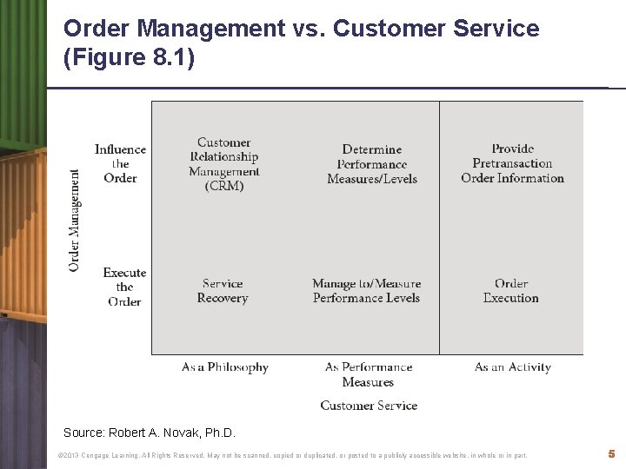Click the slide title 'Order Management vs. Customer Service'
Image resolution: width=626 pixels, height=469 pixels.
click(x=301, y=29)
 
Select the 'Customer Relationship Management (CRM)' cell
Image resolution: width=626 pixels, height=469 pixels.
click(x=224, y=164)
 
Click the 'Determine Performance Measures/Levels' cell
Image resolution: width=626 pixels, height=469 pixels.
click(x=372, y=164)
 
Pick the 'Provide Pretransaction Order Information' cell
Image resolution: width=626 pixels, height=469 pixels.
click(x=512, y=163)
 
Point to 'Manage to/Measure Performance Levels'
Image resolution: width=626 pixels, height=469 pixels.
click(x=367, y=291)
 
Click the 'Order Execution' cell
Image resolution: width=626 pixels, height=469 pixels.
click(x=511, y=291)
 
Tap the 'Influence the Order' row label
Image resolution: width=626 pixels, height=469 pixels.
click(x=120, y=163)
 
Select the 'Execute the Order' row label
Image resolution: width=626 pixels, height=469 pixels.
click(x=124, y=287)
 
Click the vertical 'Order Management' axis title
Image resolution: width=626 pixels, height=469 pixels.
click(x=75, y=219)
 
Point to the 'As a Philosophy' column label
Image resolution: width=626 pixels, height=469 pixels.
click(x=224, y=367)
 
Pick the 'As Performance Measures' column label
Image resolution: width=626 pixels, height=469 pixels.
click(x=369, y=374)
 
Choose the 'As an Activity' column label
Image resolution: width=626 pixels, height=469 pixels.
click(x=513, y=367)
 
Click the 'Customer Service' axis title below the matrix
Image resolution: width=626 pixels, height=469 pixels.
click(x=369, y=405)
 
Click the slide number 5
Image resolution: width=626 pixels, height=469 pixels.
click(x=612, y=453)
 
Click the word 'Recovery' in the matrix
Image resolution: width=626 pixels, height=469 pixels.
click(x=223, y=299)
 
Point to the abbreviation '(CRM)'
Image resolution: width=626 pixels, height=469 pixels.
click(x=224, y=185)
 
